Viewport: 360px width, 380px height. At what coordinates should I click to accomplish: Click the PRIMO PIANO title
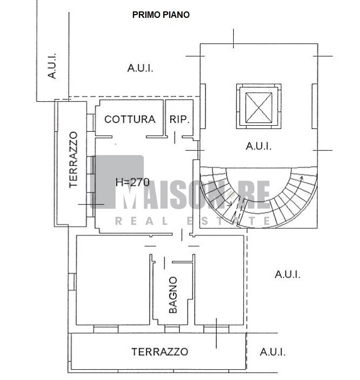coord(160,15)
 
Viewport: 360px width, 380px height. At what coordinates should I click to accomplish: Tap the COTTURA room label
coord(130,119)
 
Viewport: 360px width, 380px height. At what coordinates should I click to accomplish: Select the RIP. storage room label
coord(179,119)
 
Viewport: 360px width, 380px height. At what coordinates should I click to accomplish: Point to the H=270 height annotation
coord(132,182)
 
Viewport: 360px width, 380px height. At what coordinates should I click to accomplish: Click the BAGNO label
coord(173,295)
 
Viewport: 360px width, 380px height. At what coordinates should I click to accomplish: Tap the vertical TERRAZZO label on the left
coord(73,160)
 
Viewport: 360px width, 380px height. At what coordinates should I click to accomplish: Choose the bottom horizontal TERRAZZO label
coord(160,352)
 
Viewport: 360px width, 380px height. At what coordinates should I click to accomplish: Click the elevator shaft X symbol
coord(259,108)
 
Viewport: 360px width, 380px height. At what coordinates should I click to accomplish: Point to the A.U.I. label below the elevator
coord(259,146)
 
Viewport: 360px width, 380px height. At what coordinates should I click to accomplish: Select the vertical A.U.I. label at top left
coord(52,66)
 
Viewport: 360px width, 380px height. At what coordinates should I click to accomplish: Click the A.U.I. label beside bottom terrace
coord(273,352)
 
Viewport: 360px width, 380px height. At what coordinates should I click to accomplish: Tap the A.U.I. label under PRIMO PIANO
coord(140,68)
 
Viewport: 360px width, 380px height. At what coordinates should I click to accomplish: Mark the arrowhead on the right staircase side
coord(301,178)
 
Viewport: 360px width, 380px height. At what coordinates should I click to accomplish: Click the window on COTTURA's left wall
coord(91,123)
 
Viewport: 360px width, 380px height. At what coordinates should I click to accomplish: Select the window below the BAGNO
coord(172,329)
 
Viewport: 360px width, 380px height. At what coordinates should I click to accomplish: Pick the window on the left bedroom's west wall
coord(72,281)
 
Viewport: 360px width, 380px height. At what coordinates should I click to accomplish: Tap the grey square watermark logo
coord(117,182)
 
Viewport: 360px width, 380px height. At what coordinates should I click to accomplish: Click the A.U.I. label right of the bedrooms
coord(287,275)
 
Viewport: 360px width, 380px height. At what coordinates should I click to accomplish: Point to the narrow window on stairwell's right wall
coord(314,106)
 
